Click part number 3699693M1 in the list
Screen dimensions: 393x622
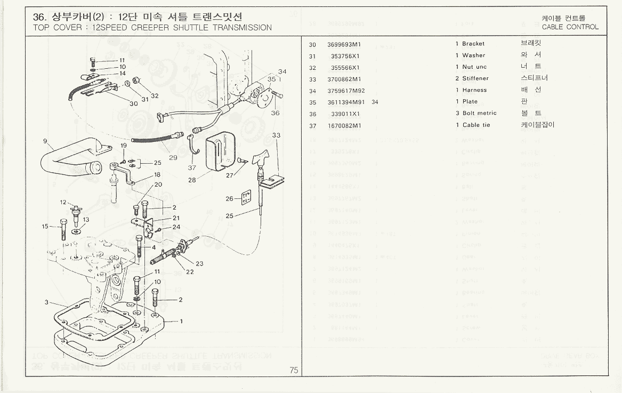[342, 44]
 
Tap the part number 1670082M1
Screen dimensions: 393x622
[342, 125]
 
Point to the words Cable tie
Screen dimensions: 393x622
[476, 125]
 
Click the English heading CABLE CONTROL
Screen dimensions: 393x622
[570, 27]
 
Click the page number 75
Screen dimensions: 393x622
[294, 371]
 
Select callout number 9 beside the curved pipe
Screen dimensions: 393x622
[46, 141]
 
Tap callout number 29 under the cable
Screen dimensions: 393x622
[173, 157]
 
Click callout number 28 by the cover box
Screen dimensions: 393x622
[192, 180]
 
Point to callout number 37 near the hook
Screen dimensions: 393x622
[192, 167]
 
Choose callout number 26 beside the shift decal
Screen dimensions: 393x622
[230, 198]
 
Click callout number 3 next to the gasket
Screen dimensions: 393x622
[47, 302]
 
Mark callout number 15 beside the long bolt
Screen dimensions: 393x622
[45, 226]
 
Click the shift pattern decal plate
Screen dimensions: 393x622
[246, 197]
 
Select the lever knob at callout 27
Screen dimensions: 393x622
[261, 158]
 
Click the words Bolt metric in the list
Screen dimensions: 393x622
[479, 114]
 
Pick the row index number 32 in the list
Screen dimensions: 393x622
[312, 67]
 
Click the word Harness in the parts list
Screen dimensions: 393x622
[474, 90]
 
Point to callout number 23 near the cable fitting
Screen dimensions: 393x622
[199, 263]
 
